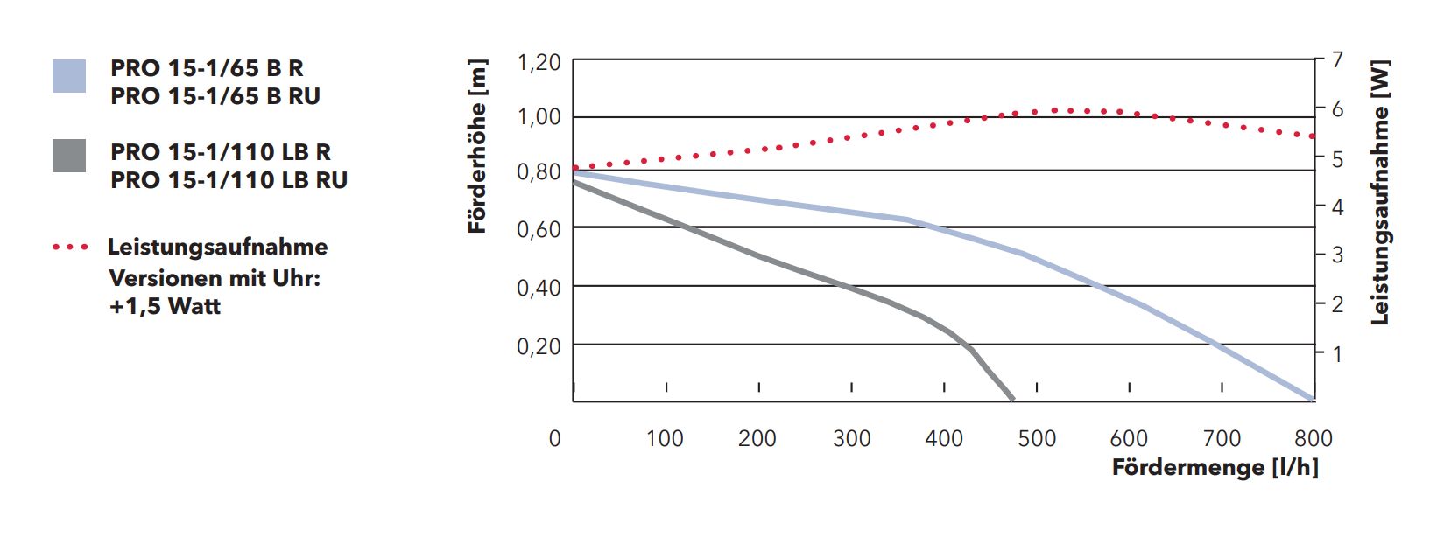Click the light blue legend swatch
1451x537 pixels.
pos(69,76)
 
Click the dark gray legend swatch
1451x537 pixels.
pos(69,156)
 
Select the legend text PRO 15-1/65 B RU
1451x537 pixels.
pos(215,96)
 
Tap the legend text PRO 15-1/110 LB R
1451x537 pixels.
pos(221,152)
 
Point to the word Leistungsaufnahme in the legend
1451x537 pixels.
pos(217,247)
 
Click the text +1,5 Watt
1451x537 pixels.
pos(165,306)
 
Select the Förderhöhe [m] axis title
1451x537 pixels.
pos(477,146)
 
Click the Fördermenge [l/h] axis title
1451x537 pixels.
pos(1215,467)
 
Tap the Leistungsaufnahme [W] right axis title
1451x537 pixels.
pos(1380,192)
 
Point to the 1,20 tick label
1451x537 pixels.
pos(539,62)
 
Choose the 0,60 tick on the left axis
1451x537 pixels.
pos(539,229)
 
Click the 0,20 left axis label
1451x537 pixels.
pos(539,346)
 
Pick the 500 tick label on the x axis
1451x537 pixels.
pos(1037,438)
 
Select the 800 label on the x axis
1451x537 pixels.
pos(1313,438)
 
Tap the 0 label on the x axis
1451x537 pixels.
pos(554,438)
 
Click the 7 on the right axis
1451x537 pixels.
pos(1337,60)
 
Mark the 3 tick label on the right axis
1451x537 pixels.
pos(1337,255)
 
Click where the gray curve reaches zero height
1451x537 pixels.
pos(1013,400)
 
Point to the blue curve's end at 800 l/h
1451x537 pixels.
pos(1313,399)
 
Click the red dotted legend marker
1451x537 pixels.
pos(70,248)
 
